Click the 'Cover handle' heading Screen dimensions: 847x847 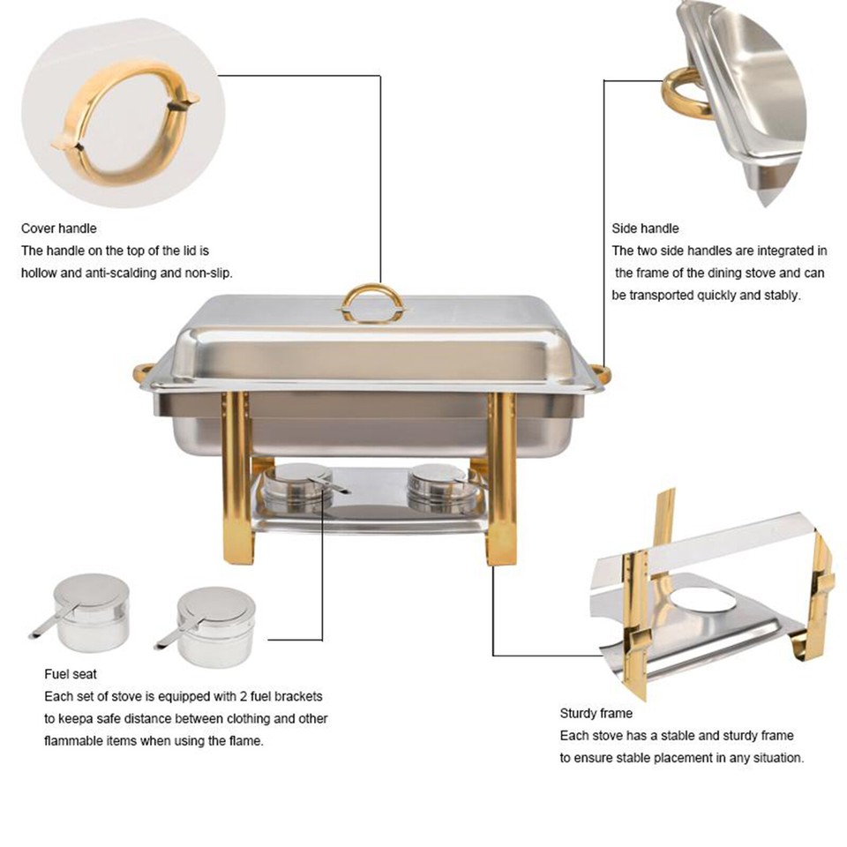click(58, 229)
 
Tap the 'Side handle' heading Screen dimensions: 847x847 click(645, 229)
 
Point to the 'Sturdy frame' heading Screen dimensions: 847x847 click(596, 713)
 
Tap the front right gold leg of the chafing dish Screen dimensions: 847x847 click(501, 481)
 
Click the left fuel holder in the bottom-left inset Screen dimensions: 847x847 click(86, 609)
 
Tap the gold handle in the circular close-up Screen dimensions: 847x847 click(124, 124)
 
